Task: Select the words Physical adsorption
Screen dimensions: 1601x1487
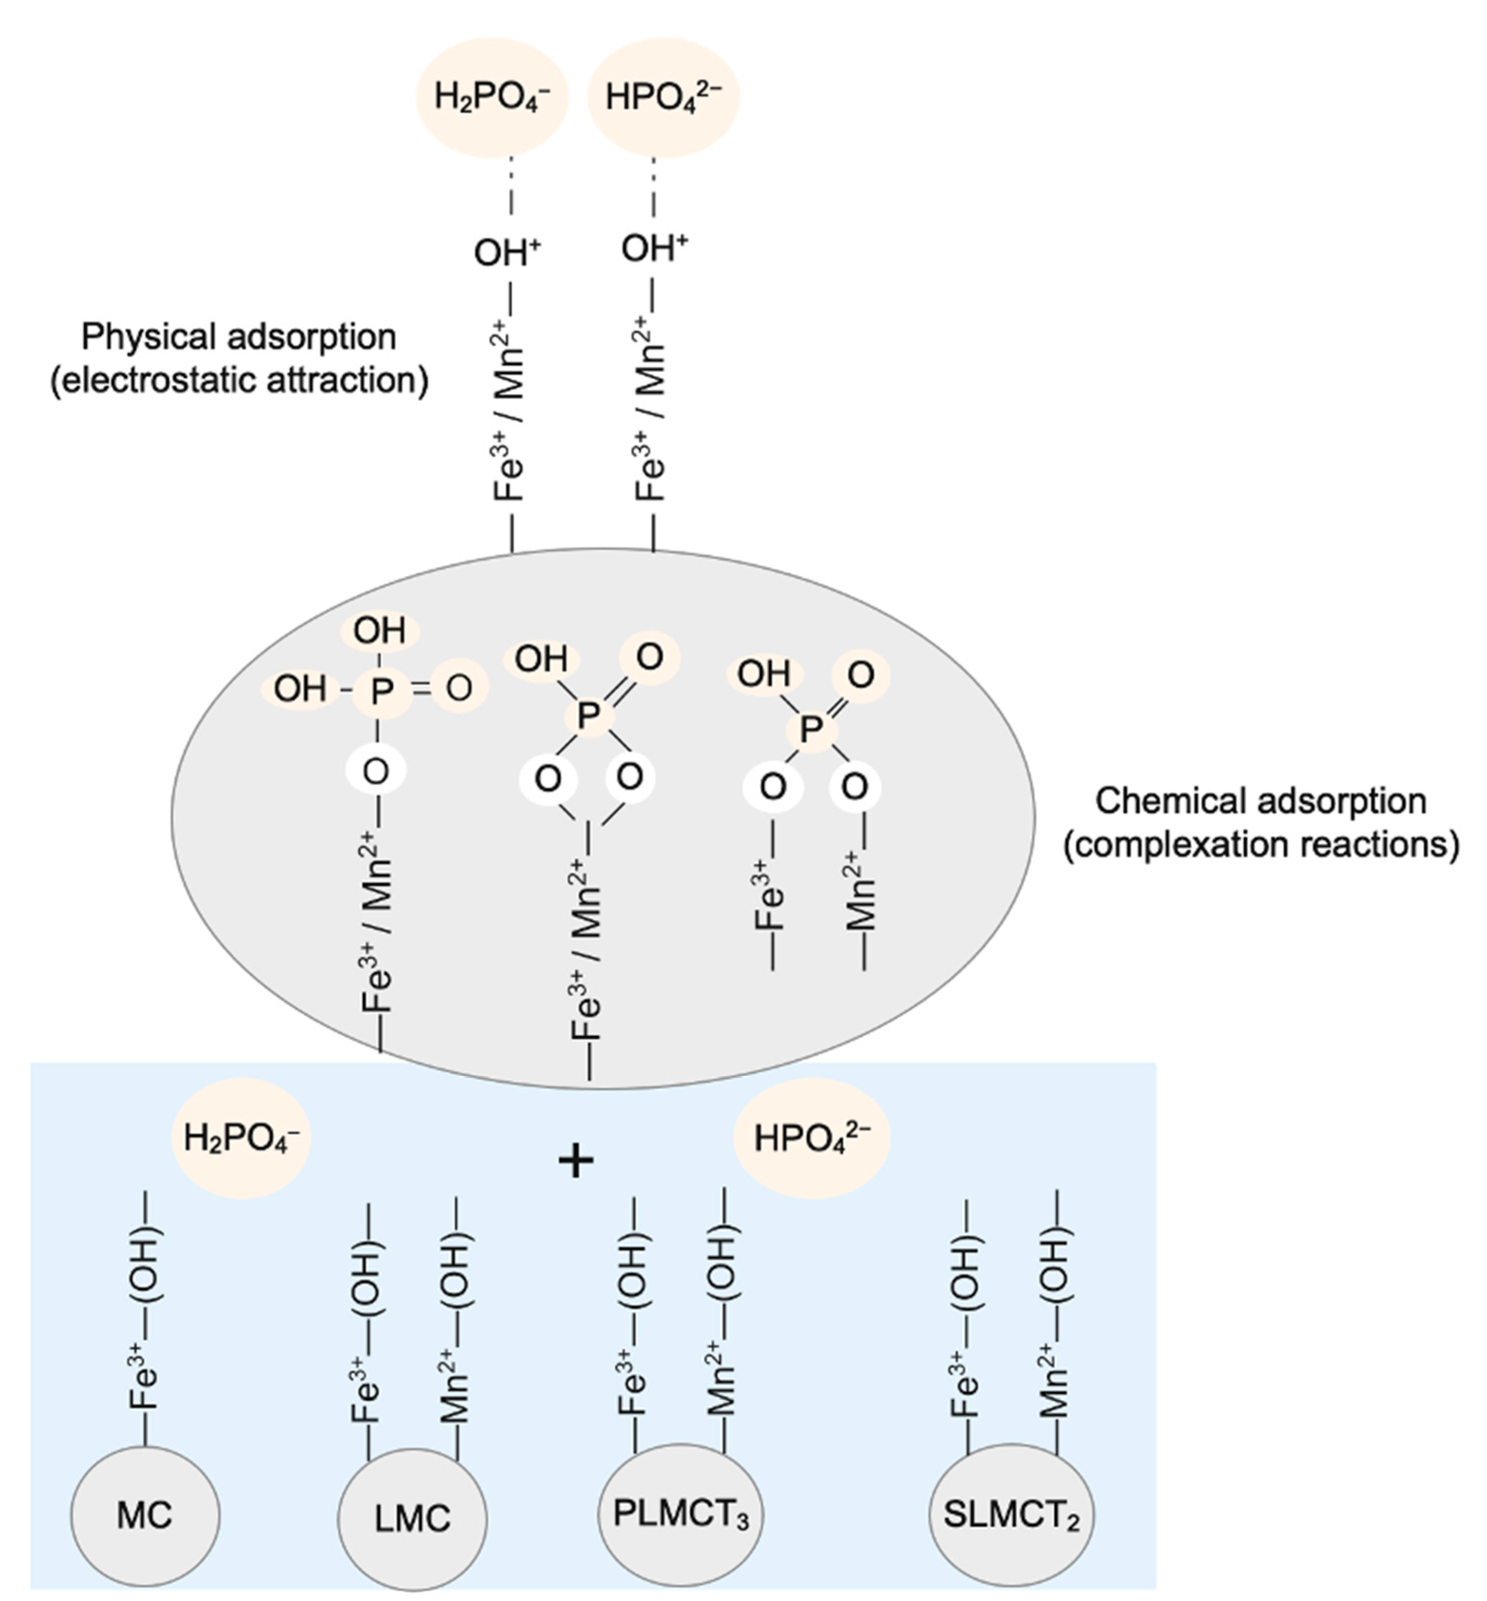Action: [x=239, y=337]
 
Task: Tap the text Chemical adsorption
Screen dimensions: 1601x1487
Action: [x=1261, y=801]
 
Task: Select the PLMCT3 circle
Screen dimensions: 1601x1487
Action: [x=681, y=1513]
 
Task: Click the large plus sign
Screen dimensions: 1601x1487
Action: [x=576, y=1161]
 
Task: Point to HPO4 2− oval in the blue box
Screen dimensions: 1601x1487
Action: [x=811, y=1138]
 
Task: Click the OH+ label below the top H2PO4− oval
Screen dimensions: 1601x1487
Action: [x=506, y=252]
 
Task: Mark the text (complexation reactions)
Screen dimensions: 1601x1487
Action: [x=1261, y=845]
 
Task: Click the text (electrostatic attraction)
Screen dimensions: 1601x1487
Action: [x=239, y=380]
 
